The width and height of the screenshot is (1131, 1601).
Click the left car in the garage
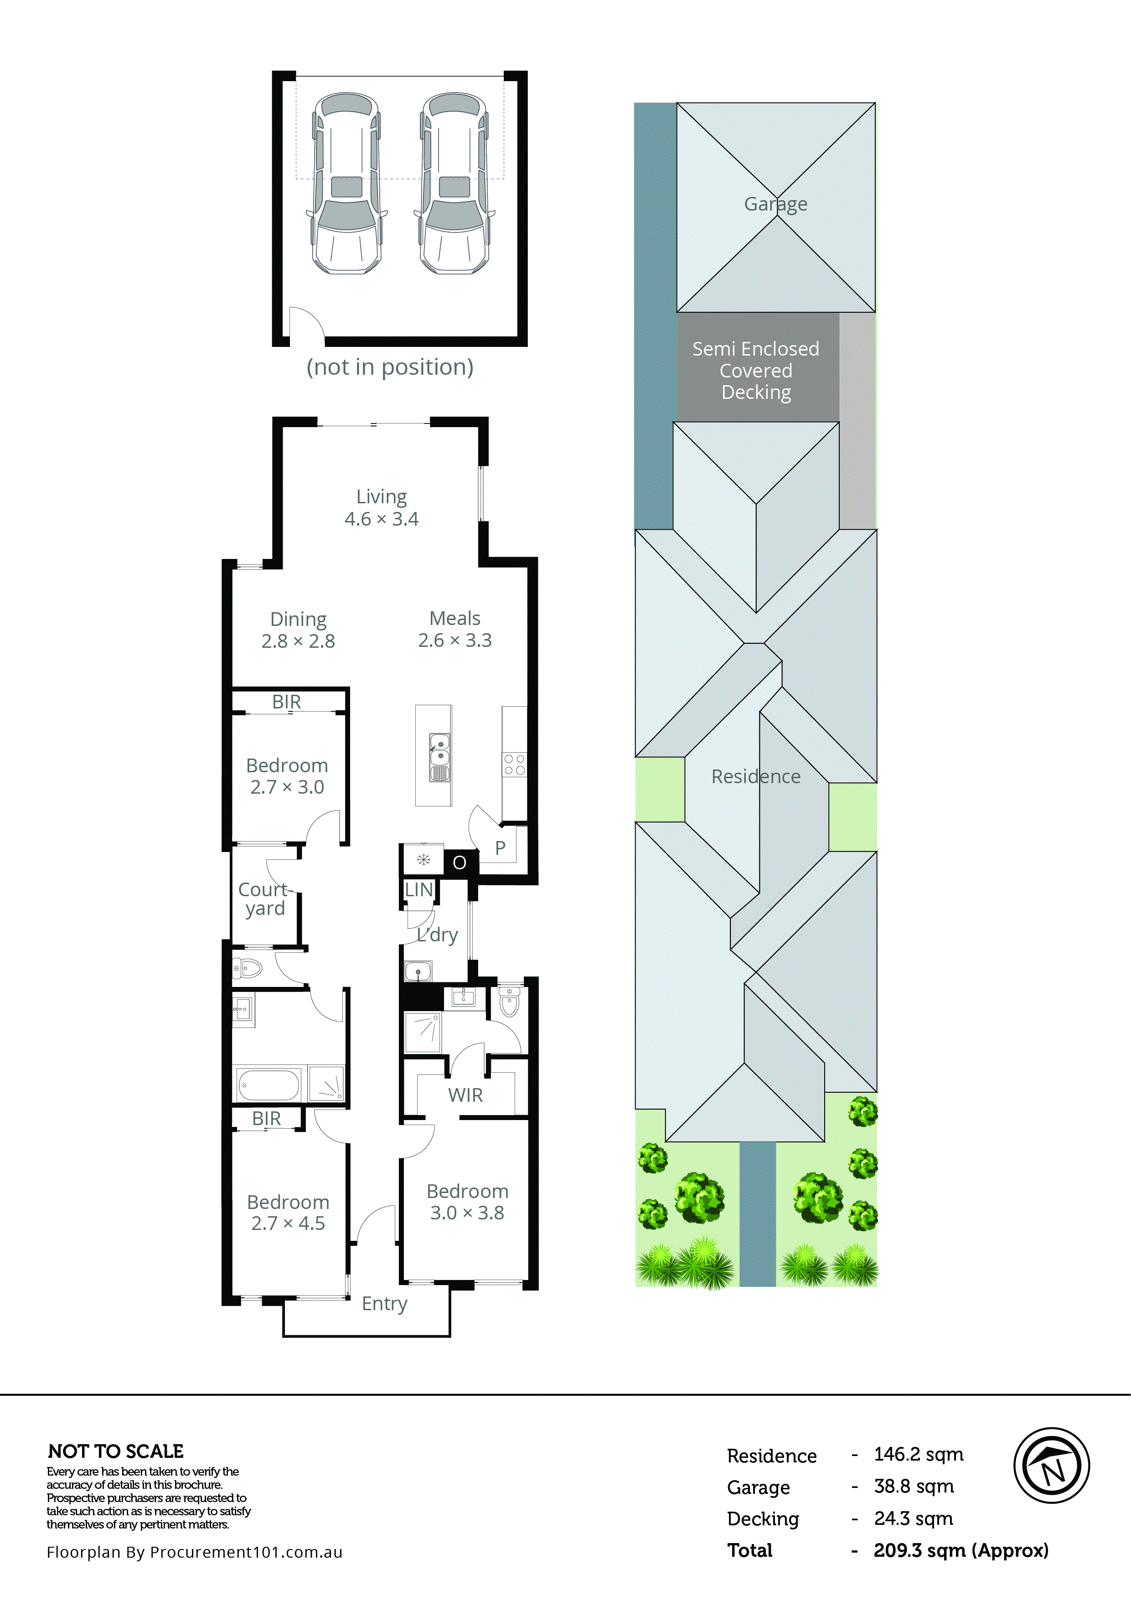point(346,183)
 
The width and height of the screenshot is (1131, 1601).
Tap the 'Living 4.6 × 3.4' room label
point(382,508)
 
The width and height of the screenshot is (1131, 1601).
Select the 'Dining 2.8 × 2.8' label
point(299,630)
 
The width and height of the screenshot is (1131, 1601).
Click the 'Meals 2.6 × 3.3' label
point(454,629)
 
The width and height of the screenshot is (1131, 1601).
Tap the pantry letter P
point(500,848)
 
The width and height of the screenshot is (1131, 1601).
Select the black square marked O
point(460,862)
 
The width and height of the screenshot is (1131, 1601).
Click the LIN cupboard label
point(418,890)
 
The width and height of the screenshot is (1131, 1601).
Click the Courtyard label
point(264,899)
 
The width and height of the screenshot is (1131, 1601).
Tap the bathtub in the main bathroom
point(269,1085)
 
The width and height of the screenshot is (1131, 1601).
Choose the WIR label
point(465,1095)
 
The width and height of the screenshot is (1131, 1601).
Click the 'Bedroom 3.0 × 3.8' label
point(467,1202)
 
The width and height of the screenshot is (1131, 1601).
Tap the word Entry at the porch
point(384,1303)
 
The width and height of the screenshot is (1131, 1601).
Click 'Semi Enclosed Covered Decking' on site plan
point(756,370)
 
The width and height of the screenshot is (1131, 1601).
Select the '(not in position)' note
point(390,367)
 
